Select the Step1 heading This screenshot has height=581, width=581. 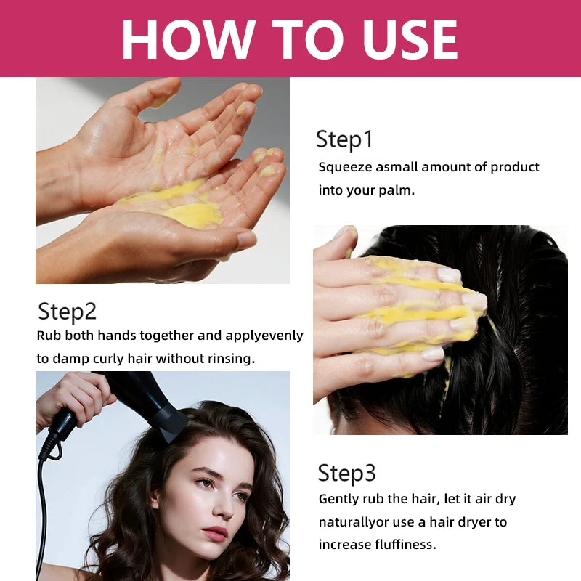(344, 139)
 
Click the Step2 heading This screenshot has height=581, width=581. (67, 312)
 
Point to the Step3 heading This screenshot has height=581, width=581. (347, 474)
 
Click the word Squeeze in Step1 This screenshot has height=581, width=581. (344, 168)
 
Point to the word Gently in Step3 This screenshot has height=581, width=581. (340, 500)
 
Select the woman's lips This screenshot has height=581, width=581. (216, 534)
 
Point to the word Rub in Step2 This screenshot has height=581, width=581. (49, 336)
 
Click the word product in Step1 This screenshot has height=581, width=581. (514, 168)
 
